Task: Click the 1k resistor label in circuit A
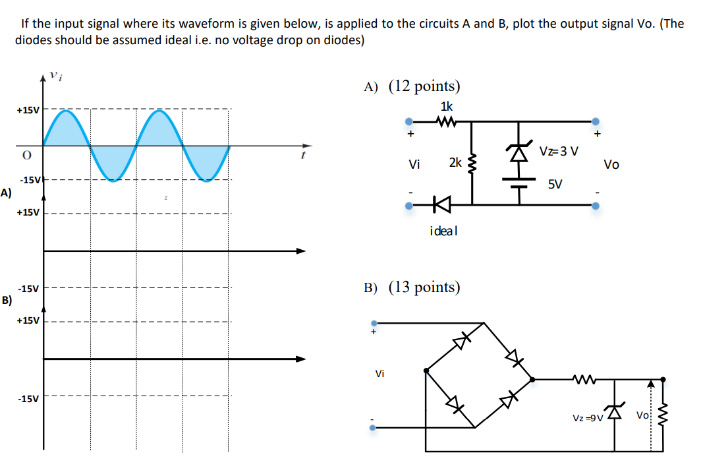pyautogui.click(x=446, y=106)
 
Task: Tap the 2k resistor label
pyautogui.click(x=455, y=162)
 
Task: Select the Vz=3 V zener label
pyautogui.click(x=559, y=151)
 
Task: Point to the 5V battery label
pyautogui.click(x=555, y=184)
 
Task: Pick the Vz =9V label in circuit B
pyautogui.click(x=588, y=419)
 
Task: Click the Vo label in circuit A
pyautogui.click(x=611, y=164)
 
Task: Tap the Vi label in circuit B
pyautogui.click(x=379, y=374)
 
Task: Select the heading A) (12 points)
pyautogui.click(x=412, y=86)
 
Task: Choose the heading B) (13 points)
pyautogui.click(x=412, y=287)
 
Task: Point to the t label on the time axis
pyautogui.click(x=302, y=156)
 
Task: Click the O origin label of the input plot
pyautogui.click(x=26, y=154)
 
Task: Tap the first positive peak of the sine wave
pyautogui.click(x=67, y=111)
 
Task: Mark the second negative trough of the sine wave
pyautogui.click(x=206, y=179)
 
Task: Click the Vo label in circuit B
pyautogui.click(x=643, y=415)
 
